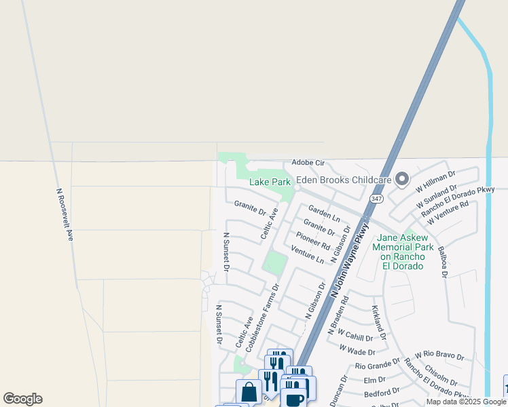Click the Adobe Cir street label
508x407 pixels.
(309, 163)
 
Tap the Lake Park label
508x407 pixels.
(270, 182)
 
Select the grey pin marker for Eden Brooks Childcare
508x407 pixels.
(402, 179)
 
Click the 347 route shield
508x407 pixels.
(376, 197)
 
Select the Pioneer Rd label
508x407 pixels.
(313, 241)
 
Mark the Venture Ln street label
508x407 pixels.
(308, 255)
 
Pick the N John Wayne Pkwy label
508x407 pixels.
(350, 258)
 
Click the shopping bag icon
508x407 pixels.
(249, 391)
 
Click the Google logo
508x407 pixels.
(22, 399)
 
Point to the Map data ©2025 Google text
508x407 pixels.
(466, 402)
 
